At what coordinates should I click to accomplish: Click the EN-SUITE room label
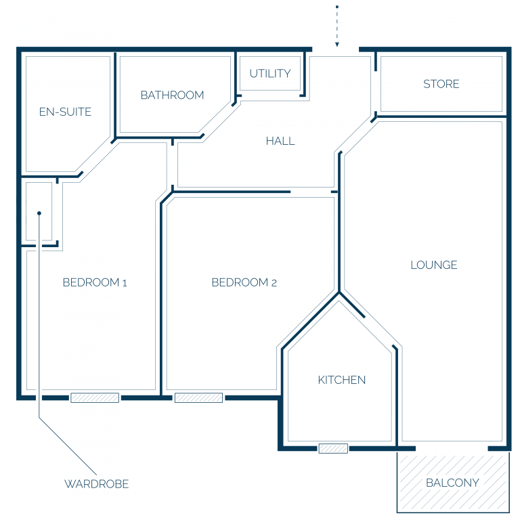65,112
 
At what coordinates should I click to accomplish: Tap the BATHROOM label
172,95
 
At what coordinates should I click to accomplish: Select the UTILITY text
270,73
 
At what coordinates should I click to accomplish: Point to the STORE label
441,84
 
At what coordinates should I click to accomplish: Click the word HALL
280,141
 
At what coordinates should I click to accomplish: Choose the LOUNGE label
434,265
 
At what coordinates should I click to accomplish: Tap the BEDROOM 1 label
95,282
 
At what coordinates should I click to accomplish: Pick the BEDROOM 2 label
244,282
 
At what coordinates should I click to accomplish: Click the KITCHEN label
341,380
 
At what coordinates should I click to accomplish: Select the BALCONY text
452,483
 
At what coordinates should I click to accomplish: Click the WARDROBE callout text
97,484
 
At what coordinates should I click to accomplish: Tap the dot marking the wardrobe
39,213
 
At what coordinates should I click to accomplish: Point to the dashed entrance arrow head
337,45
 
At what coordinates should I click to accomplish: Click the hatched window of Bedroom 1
95,397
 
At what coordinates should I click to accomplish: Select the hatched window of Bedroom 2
198,397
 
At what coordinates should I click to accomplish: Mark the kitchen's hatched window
333,449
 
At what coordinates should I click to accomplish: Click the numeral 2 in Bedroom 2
274,283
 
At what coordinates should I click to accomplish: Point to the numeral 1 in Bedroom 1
125,283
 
